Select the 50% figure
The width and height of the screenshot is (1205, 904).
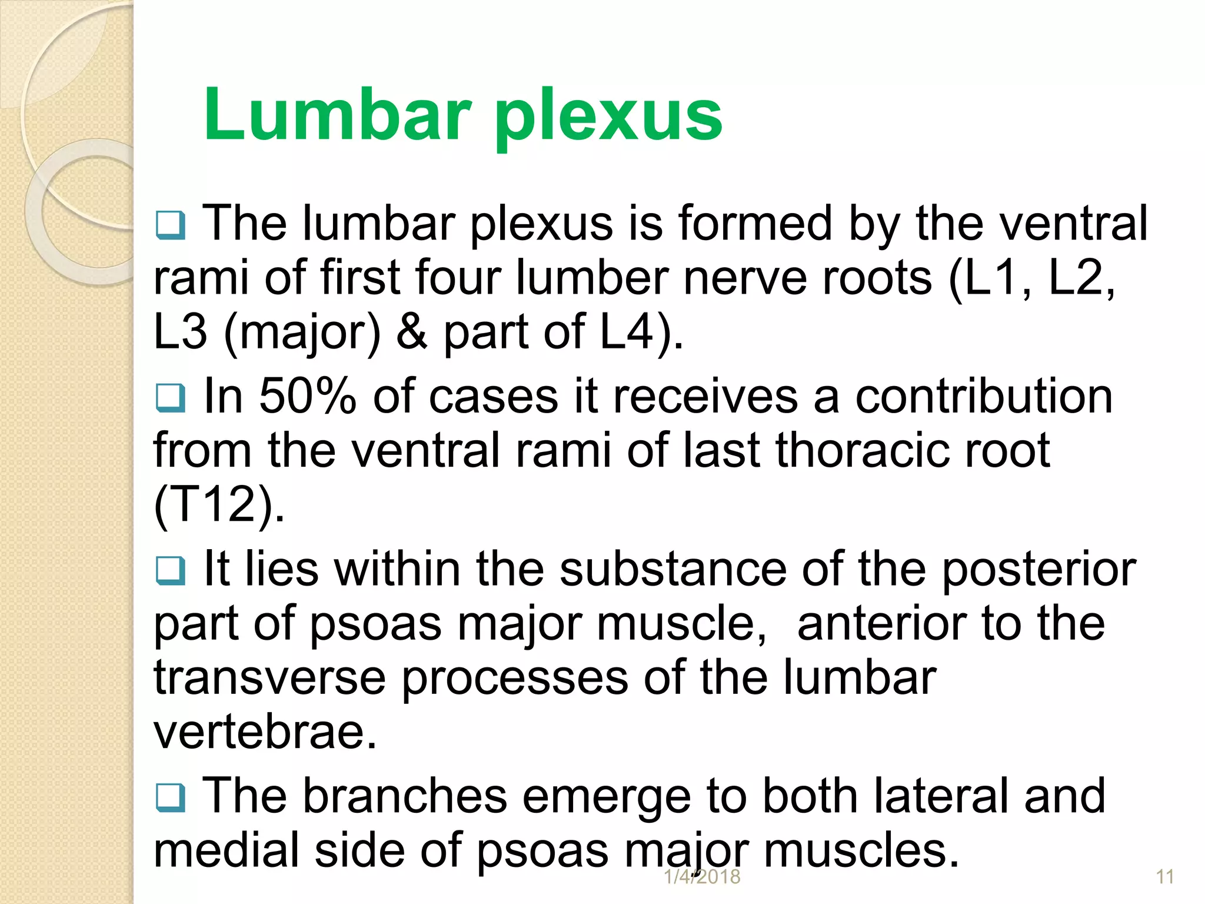[307, 396]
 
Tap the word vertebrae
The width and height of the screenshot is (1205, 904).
[265, 732]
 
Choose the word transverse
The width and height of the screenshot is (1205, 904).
[269, 678]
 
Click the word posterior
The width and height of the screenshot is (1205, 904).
[1038, 570]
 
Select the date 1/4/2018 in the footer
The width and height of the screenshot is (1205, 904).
[702, 877]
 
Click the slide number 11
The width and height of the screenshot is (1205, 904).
[1165, 877]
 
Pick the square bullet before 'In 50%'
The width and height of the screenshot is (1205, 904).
[171, 398]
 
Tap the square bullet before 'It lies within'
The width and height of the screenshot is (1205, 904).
[171, 570]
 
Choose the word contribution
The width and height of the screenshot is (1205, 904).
[983, 396]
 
